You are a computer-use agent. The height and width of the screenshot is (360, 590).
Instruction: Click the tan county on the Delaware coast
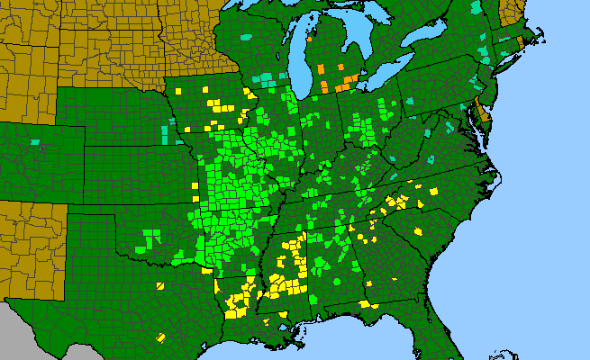[x=484, y=113]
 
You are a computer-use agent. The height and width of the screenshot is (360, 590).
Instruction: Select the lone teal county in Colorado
[x=35, y=141]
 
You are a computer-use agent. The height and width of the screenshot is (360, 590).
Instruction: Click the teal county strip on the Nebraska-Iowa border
[x=166, y=135]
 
